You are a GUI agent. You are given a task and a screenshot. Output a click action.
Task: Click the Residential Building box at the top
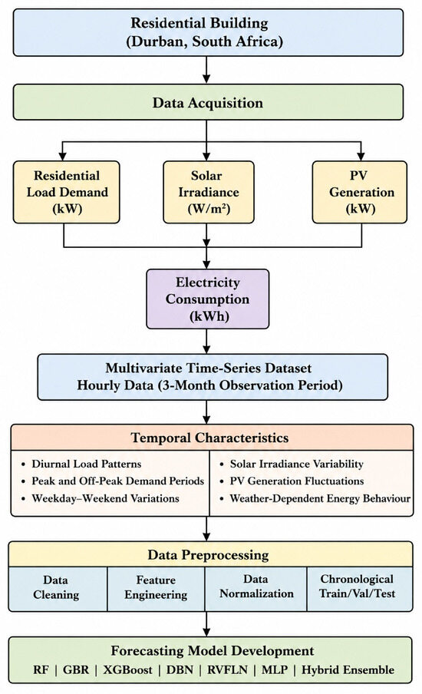[208, 32]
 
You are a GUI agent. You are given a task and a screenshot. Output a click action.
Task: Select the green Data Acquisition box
[208, 102]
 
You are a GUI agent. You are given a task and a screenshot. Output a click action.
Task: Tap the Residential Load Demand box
[66, 192]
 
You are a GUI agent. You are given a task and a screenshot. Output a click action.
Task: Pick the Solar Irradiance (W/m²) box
[209, 192]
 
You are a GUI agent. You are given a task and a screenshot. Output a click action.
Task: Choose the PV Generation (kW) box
[359, 192]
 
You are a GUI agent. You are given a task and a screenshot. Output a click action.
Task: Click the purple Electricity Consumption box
[207, 299]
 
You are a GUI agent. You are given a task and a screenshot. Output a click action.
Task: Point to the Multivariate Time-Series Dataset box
[213, 377]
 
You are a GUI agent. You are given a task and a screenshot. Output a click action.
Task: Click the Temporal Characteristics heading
[209, 438]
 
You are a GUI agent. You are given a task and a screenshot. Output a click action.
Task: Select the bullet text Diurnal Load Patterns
[86, 464]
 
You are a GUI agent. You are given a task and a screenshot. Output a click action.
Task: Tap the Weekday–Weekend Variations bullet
[105, 498]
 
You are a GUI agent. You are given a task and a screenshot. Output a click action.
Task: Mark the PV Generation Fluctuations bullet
[297, 481]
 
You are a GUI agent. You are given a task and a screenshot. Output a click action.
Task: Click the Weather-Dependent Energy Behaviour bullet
[320, 498]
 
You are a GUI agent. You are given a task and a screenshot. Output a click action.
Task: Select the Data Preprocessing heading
[208, 554]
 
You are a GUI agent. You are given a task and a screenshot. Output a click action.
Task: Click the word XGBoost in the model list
[128, 669]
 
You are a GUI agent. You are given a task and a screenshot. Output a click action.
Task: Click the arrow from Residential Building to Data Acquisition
[206, 70]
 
